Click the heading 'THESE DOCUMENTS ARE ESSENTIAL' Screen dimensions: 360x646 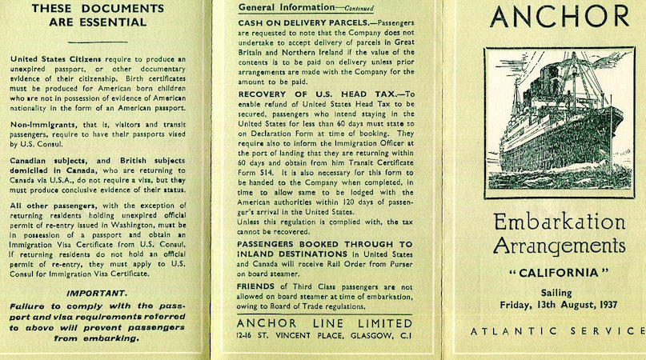[x=104, y=15]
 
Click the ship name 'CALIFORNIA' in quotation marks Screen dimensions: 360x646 [x=558, y=272]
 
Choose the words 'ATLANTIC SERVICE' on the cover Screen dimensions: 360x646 [x=558, y=330]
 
